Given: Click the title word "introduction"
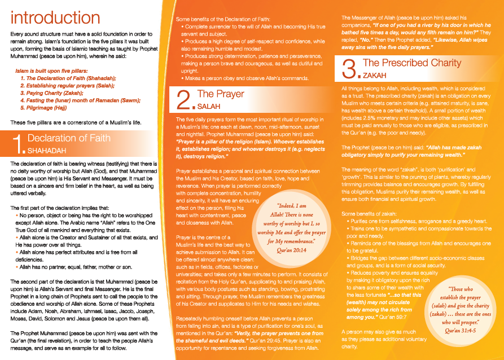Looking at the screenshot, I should pyautogui.click(x=55, y=18).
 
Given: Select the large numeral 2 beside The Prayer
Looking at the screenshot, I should pyautogui.click(x=184, y=99).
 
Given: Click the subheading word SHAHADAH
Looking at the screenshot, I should pyautogui.click(x=47, y=151).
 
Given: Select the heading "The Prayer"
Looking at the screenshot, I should pyautogui.click(x=221, y=94).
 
